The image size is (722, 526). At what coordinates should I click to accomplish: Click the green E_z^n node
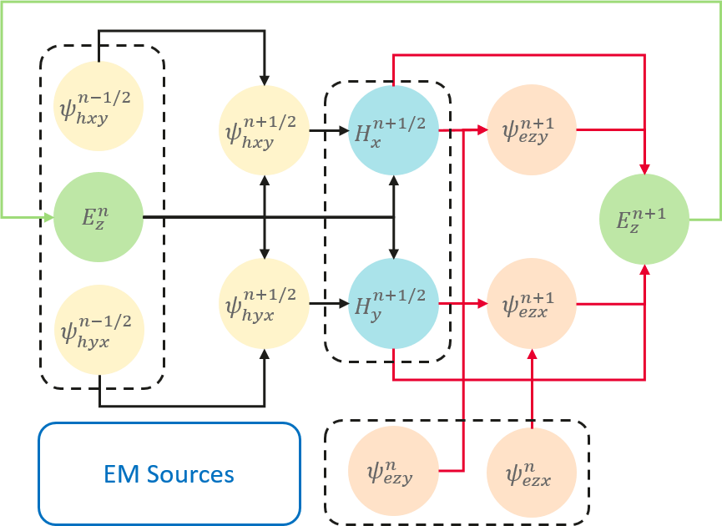click(x=98, y=217)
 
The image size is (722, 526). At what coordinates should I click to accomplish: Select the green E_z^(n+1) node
click(x=644, y=219)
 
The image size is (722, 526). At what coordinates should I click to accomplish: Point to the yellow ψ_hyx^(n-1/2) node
click(x=98, y=328)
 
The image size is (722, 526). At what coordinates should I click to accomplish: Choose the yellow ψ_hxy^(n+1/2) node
click(x=264, y=130)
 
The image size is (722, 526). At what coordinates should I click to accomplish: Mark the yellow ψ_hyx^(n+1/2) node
click(x=264, y=303)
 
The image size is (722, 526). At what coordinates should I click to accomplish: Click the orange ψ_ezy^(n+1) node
click(x=531, y=130)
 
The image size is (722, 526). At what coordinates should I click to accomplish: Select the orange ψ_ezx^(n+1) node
click(x=531, y=303)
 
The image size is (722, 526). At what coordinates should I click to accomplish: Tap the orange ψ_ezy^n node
click(x=392, y=471)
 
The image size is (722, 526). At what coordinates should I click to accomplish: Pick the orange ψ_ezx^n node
click(x=531, y=471)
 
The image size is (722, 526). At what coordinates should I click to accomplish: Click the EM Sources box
click(x=169, y=474)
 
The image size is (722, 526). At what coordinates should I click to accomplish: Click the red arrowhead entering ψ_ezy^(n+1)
click(x=482, y=130)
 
